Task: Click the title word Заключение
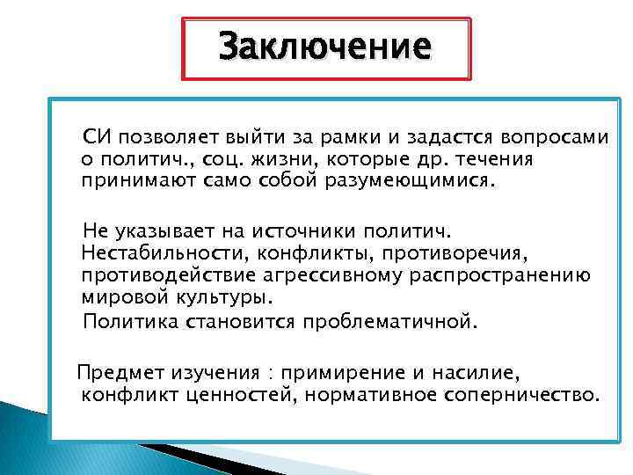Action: (324, 46)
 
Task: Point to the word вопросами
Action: (559, 138)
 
